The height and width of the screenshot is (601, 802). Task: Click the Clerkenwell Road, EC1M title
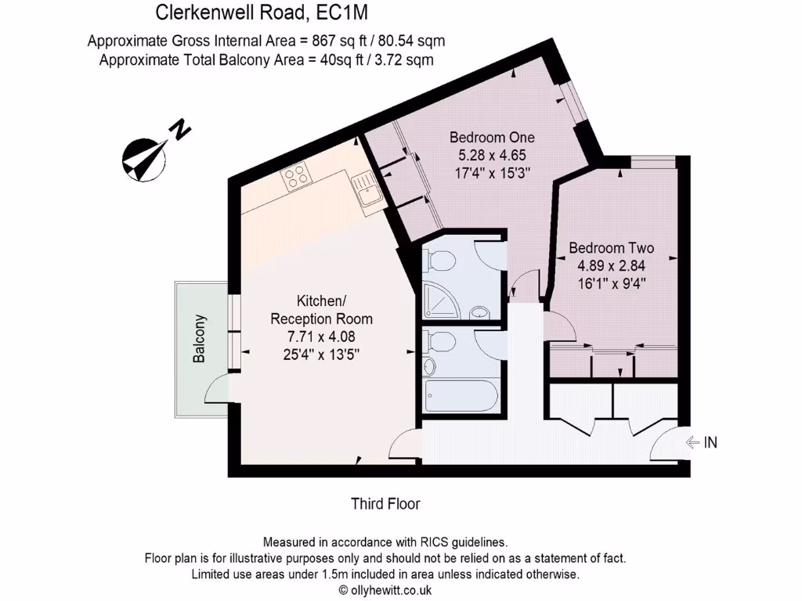pyautogui.click(x=262, y=13)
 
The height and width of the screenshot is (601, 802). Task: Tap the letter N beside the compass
pyautogui.click(x=182, y=129)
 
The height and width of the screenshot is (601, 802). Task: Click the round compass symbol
pyautogui.click(x=143, y=158)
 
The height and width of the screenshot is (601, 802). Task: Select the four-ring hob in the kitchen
pyautogui.click(x=295, y=178)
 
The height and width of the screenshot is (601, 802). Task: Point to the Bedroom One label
pyautogui.click(x=492, y=138)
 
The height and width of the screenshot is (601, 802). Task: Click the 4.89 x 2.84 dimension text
pyautogui.click(x=611, y=265)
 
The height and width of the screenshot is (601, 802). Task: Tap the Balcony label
pyautogui.click(x=200, y=338)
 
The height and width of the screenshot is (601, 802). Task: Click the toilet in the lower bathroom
pyautogui.click(x=439, y=343)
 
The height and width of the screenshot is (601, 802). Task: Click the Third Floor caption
pyautogui.click(x=385, y=504)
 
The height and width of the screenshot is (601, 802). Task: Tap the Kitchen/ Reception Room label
pyautogui.click(x=321, y=310)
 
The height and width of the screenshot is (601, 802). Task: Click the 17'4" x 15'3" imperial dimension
pyautogui.click(x=492, y=174)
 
